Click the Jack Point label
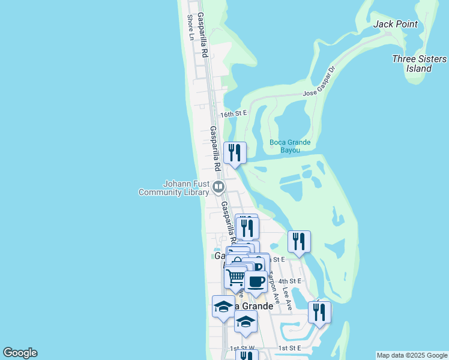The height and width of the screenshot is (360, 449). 395,24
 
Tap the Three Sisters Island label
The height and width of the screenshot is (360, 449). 419,64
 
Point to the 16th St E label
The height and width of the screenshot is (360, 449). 234,113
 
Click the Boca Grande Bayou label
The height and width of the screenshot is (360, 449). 290,146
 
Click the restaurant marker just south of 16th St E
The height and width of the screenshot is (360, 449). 235,153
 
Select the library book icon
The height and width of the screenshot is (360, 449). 218,188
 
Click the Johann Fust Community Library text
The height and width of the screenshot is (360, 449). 173,188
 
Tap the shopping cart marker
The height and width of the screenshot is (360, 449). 236,277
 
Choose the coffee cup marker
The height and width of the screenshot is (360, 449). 256,281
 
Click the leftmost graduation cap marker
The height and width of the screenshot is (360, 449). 223,307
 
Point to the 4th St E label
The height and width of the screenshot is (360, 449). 289,281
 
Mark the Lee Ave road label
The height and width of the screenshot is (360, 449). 287,298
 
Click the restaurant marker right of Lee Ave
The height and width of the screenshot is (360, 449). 319,312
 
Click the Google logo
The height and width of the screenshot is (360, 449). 20,353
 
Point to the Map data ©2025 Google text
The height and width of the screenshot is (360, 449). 412,355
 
